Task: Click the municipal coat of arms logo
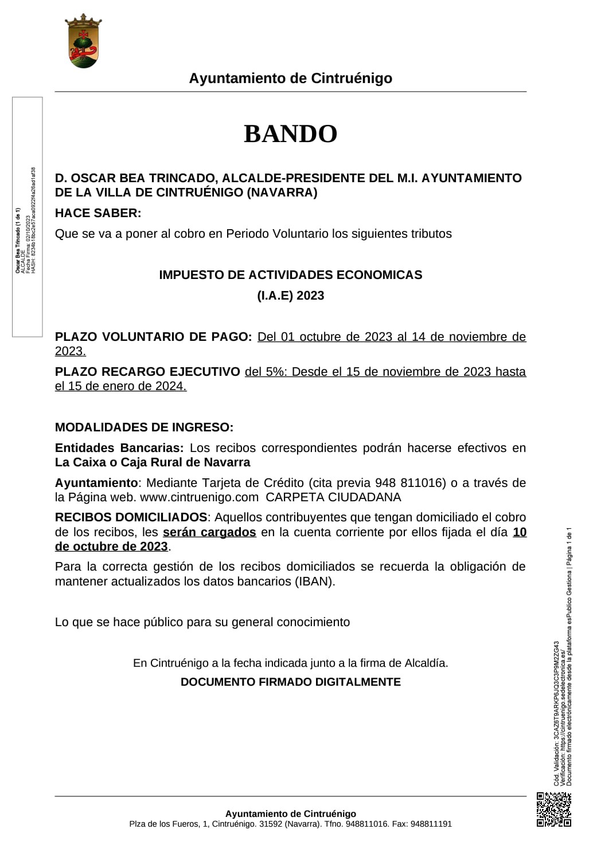click(83, 41)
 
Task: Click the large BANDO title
click(290, 134)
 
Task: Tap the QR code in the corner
click(553, 809)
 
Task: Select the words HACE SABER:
click(98, 213)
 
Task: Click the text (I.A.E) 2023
click(290, 296)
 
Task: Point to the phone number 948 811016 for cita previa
click(410, 483)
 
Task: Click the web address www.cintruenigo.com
click(199, 497)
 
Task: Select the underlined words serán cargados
click(209, 532)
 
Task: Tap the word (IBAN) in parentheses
click(314, 581)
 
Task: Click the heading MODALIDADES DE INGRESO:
click(144, 427)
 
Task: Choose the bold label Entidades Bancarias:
click(119, 448)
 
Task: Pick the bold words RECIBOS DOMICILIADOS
click(131, 517)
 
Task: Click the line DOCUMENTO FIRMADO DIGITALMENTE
click(290, 682)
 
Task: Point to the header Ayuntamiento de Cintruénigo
click(290, 78)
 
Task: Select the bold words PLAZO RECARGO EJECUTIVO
click(147, 372)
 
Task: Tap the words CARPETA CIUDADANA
click(333, 497)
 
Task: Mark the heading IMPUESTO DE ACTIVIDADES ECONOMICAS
click(290, 275)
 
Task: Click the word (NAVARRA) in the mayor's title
click(282, 192)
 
